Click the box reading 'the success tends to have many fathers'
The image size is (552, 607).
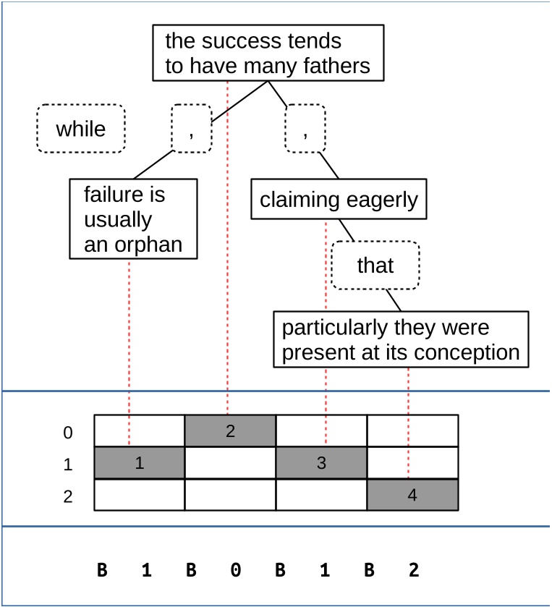(x=268, y=54)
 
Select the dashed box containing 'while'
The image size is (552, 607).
(x=81, y=129)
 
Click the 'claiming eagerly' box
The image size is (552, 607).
(x=339, y=200)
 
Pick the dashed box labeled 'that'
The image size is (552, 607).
(x=375, y=266)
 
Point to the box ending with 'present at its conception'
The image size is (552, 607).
(x=401, y=340)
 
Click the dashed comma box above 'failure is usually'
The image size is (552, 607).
(x=192, y=129)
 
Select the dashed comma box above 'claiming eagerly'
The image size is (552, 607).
(x=305, y=129)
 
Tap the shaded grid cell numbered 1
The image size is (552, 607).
(x=140, y=463)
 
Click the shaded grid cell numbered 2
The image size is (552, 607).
(x=230, y=431)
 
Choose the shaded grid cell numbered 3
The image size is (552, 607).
(x=321, y=463)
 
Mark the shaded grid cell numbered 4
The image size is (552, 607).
(x=412, y=496)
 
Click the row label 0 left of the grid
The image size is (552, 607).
(x=68, y=433)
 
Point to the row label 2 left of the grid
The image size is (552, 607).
(x=68, y=497)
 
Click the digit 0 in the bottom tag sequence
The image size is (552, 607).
(x=235, y=570)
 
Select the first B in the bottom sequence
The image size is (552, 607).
(x=102, y=570)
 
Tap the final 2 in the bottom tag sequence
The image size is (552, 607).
(x=413, y=570)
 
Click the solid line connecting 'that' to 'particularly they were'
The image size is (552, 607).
(x=393, y=300)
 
